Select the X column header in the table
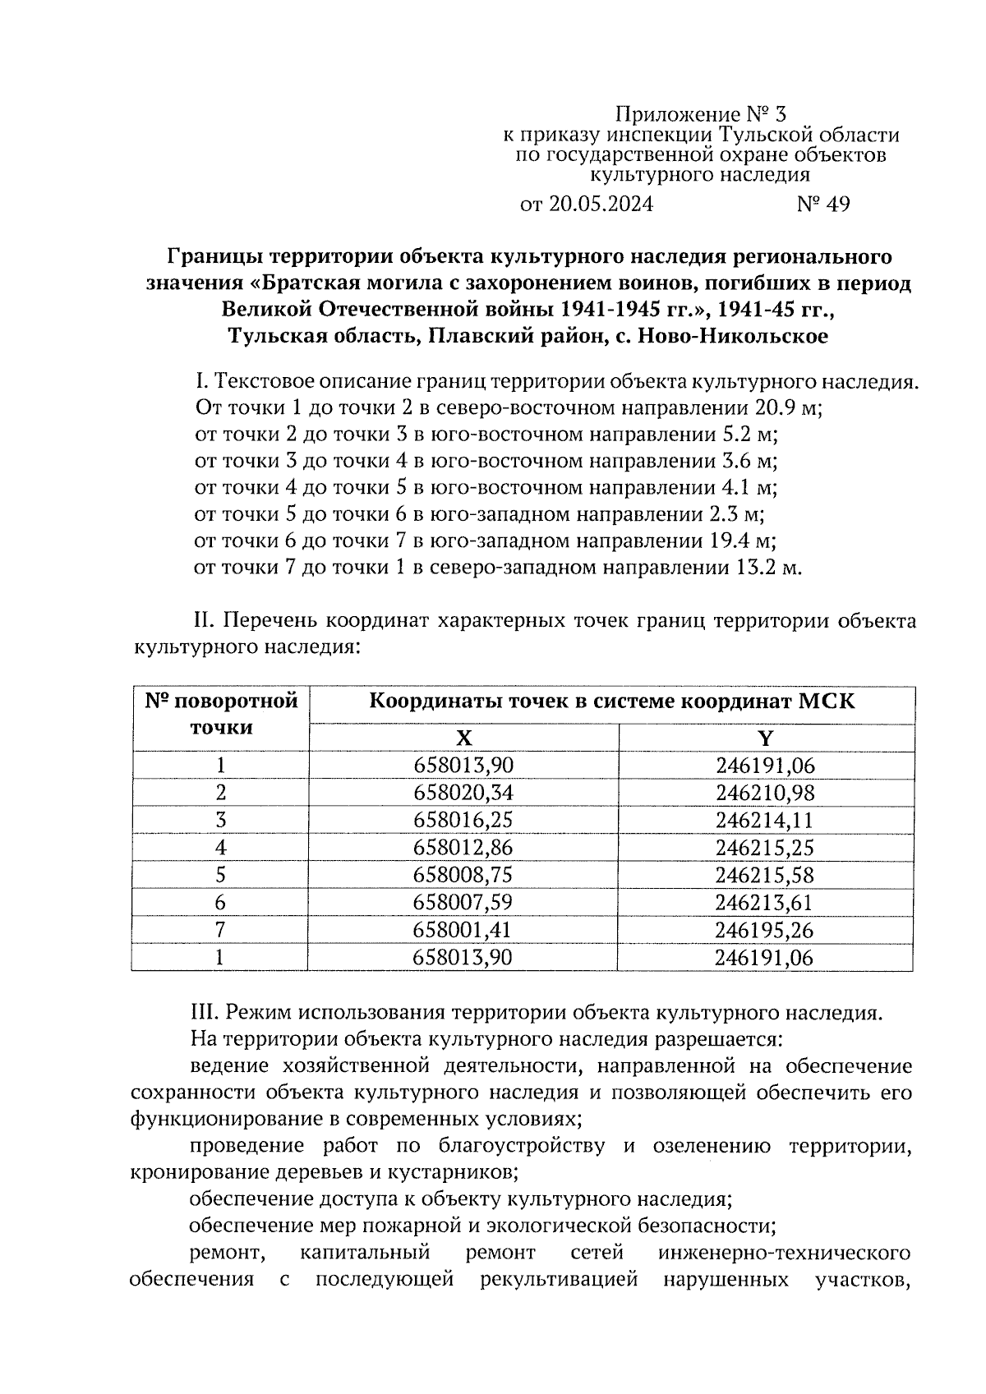463,737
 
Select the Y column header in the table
765,737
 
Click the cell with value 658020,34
463,793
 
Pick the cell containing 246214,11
765,820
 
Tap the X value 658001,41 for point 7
463,930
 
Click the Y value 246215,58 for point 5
765,875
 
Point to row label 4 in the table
220,848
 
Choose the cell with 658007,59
463,903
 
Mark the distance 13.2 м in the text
765,568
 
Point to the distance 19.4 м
741,541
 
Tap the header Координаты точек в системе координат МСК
611,702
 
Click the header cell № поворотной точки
220,715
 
